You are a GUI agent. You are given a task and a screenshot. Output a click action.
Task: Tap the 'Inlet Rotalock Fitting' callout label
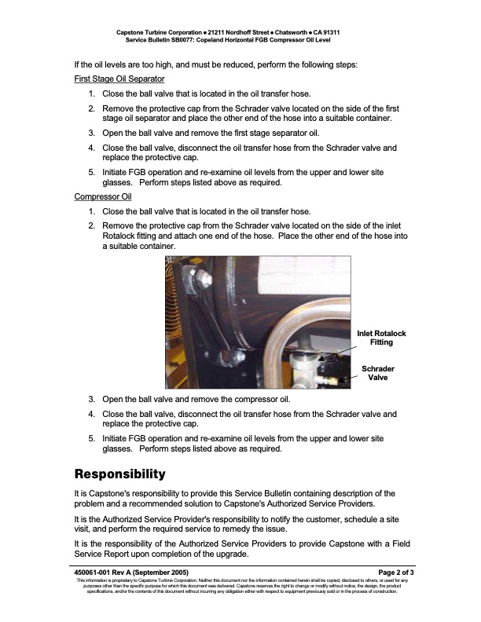coord(381,338)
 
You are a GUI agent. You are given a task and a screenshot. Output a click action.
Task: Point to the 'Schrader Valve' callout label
coord(377,372)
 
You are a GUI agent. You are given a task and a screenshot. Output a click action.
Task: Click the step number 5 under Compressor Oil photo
coord(91,438)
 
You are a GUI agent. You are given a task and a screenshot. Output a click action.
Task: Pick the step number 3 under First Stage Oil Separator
coord(91,133)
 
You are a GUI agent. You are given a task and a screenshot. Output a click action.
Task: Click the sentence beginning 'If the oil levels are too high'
coord(215,64)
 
